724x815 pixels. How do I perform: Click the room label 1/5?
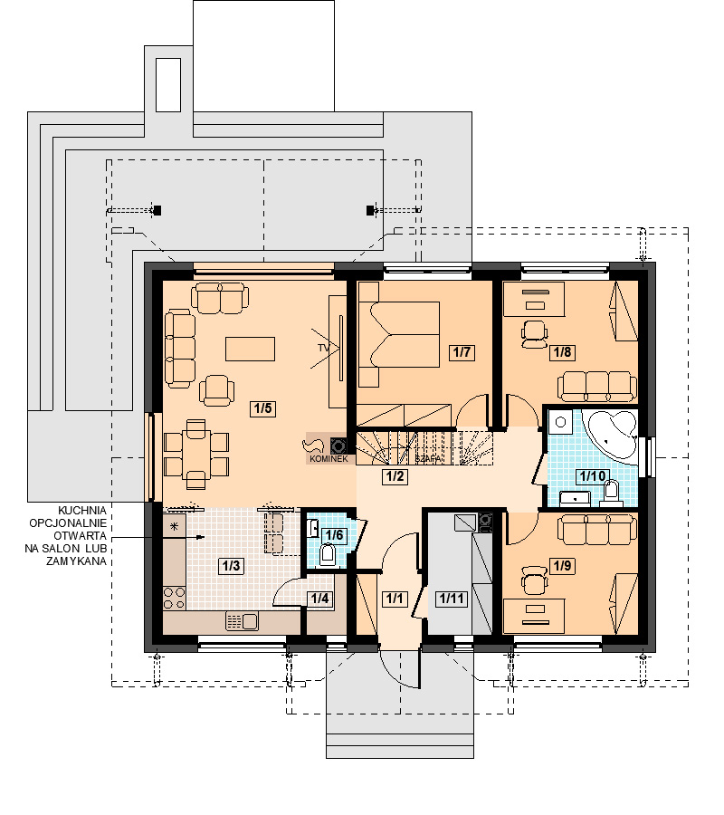(262, 408)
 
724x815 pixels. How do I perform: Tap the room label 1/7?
(462, 352)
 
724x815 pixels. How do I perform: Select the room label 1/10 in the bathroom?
(593, 475)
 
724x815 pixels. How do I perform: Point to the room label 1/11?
(451, 599)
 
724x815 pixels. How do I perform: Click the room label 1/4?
(319, 599)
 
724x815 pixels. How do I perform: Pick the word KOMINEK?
(329, 459)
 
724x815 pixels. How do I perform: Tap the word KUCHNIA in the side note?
(82, 511)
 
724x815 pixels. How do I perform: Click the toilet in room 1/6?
(328, 554)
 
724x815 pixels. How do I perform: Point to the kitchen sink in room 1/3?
(242, 621)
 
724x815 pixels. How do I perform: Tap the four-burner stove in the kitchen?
(174, 598)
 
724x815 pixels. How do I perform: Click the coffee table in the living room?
(250, 349)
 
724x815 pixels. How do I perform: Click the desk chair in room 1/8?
(535, 334)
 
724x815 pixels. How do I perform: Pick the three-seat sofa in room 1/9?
(597, 529)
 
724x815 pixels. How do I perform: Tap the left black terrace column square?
(157, 210)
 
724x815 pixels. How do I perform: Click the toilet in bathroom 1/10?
(611, 493)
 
